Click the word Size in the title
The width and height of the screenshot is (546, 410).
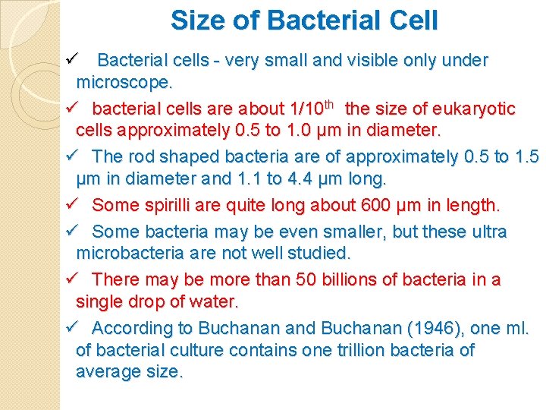196,20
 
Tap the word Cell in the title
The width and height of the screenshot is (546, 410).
411,20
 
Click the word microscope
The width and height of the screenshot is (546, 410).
124,81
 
